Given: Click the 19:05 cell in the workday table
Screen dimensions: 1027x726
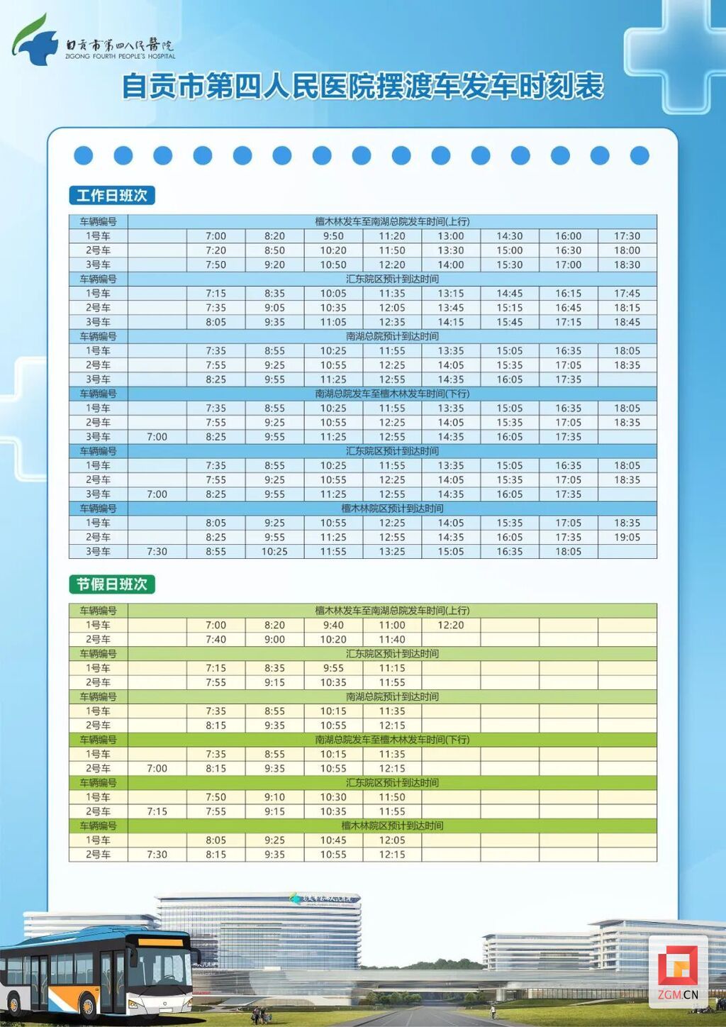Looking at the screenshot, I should click(x=627, y=537).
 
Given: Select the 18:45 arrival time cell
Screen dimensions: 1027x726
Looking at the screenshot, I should click(x=627, y=322).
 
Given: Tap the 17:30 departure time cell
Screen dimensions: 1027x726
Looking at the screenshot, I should click(x=627, y=236).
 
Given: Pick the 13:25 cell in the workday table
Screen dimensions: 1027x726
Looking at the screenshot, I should click(x=392, y=551).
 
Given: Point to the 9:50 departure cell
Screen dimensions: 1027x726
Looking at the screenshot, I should click(x=333, y=236).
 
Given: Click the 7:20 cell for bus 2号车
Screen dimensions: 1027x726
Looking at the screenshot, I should click(x=216, y=250).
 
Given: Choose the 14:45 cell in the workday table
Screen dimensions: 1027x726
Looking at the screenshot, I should click(x=509, y=293).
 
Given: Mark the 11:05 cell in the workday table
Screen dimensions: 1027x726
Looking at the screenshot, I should click(x=333, y=322).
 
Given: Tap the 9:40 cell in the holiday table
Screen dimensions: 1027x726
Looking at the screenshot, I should click(x=333, y=625).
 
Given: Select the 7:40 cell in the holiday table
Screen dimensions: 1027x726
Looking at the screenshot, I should click(x=216, y=639).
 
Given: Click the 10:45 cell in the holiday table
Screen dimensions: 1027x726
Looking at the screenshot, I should click(x=333, y=840).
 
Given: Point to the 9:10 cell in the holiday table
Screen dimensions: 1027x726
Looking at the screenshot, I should click(x=274, y=797).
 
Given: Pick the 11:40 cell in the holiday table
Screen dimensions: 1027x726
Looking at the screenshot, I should click(x=392, y=639).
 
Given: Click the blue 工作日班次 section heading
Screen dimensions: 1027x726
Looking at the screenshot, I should click(x=112, y=195).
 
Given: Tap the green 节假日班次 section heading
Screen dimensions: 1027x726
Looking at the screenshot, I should click(x=112, y=584).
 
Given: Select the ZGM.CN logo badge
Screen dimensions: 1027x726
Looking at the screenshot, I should click(x=678, y=972).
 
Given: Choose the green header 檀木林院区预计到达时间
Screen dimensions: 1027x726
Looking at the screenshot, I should click(x=392, y=826).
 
